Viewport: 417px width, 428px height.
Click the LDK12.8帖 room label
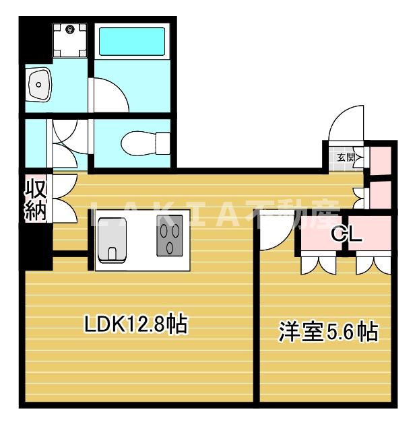pos(135,325)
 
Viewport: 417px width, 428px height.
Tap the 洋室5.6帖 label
pos(328,332)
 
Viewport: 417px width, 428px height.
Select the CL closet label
pos(347,235)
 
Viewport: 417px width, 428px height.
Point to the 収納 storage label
pos(35,200)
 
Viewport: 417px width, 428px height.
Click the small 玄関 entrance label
pos(345,157)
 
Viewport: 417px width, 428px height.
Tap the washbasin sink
pos(40,85)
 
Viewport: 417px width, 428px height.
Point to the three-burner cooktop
pos(171,237)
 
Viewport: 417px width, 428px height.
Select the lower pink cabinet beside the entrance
pos(380,194)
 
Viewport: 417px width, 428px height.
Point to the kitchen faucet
pos(114,254)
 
